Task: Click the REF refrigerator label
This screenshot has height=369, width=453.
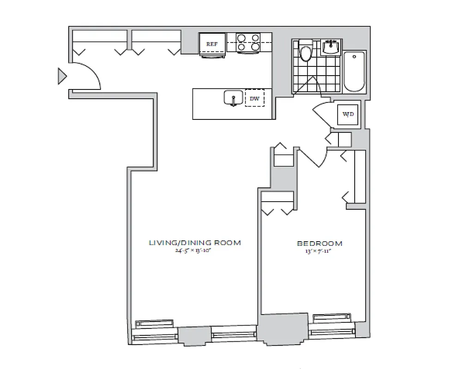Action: point(212,44)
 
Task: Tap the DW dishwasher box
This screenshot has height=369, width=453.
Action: point(254,98)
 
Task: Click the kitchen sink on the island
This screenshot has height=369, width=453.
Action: point(233,98)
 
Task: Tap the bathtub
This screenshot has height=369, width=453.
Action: point(354,72)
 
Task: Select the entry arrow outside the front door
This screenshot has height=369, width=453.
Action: point(62,76)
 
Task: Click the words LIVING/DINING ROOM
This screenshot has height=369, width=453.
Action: point(194,243)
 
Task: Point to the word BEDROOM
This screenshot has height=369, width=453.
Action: point(320,244)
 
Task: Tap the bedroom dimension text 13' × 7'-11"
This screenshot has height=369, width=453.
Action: point(320,251)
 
